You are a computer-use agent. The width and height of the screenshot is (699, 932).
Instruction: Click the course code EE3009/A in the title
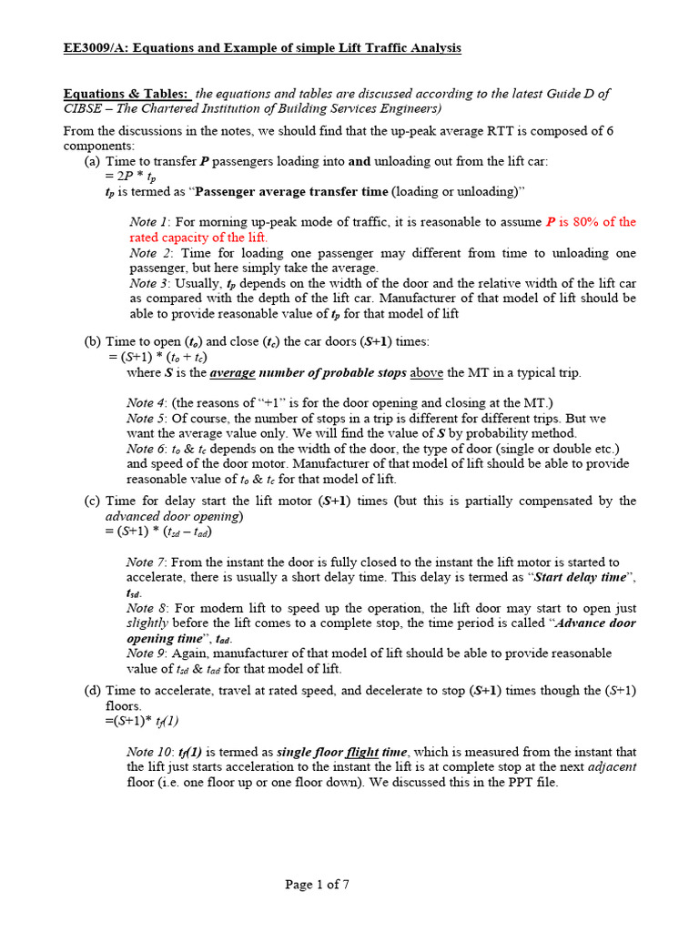(x=95, y=47)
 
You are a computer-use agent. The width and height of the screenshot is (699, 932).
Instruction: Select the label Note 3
(x=149, y=283)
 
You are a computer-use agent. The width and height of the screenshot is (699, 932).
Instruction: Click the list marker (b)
(x=92, y=341)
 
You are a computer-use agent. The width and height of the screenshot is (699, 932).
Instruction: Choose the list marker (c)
(x=92, y=501)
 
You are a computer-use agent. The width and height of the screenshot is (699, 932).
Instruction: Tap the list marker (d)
(x=92, y=691)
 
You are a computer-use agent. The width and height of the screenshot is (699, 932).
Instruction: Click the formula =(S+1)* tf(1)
(x=142, y=721)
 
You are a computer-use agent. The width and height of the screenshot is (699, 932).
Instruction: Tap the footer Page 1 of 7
(x=317, y=885)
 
